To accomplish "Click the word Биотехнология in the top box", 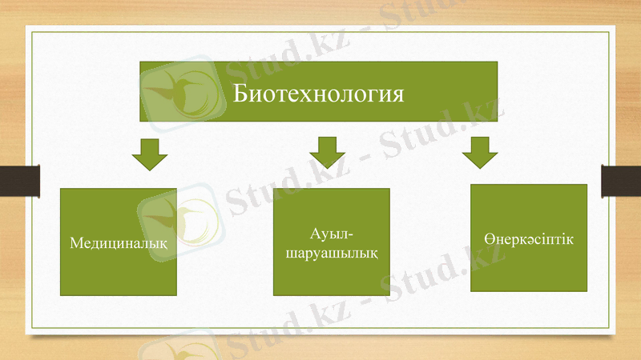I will [318, 93].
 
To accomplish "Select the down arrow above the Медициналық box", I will [149, 153].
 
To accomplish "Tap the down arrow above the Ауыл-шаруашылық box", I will [327, 151].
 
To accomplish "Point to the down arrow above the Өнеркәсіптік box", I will [479, 151].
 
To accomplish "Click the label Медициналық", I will [119, 242].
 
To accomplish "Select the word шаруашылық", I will [330, 252].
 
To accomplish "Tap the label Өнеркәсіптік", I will [529, 239].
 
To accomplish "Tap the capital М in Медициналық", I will [76, 242].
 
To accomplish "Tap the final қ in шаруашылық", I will [373, 253].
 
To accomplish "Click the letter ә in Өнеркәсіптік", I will [527, 240].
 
